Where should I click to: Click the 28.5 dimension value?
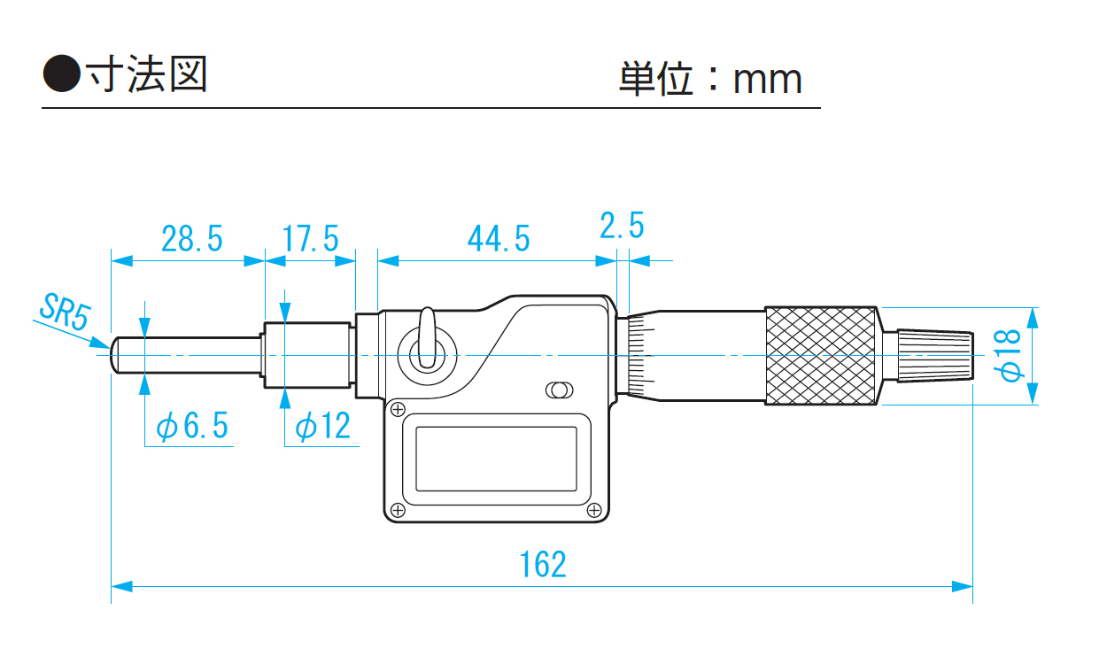(191, 238)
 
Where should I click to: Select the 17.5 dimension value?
(310, 238)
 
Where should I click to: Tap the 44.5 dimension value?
(499, 238)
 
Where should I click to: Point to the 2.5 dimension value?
(622, 227)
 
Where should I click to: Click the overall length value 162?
(542, 564)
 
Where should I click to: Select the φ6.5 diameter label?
(192, 427)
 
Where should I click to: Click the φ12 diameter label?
(322, 427)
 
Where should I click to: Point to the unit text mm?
(767, 80)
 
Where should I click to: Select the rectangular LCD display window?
(496, 459)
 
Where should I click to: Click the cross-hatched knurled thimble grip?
(822, 356)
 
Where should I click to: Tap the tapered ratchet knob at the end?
(929, 356)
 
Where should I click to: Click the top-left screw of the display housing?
(398, 408)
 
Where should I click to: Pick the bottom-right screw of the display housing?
(594, 510)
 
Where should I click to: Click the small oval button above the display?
(559, 390)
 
